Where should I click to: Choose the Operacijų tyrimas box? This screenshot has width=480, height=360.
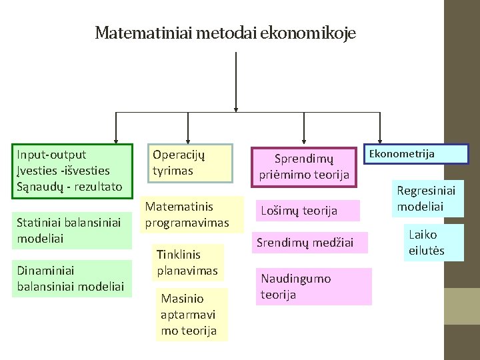click(189, 163)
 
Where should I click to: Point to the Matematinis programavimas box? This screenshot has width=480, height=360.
click(187, 214)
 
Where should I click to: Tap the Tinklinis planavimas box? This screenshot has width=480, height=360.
click(187, 262)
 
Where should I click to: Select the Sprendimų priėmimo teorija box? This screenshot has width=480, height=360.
click(304, 167)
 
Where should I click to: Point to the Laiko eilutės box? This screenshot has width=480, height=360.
click(427, 243)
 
